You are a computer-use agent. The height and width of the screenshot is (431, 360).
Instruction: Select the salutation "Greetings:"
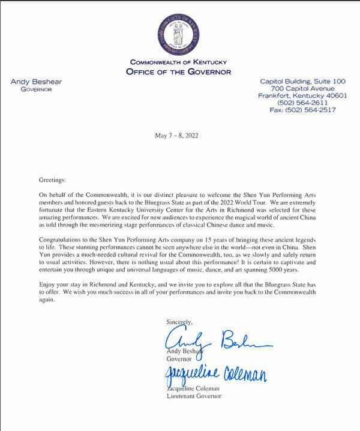click(x=54, y=180)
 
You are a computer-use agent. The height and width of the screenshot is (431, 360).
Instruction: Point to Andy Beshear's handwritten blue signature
click(x=216, y=339)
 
